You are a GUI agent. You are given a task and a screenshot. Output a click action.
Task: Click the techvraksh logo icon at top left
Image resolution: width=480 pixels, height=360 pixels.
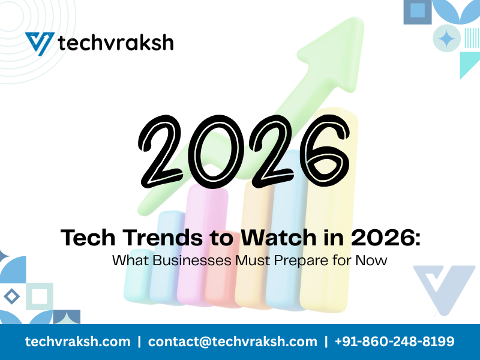[39, 43]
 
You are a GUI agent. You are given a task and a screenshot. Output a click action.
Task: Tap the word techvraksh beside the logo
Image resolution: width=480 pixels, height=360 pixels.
[115, 43]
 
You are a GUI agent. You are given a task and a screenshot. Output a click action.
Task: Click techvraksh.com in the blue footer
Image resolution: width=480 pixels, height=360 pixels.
[77, 341]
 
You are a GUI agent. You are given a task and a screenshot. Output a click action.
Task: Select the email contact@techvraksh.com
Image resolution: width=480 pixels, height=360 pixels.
[233, 341]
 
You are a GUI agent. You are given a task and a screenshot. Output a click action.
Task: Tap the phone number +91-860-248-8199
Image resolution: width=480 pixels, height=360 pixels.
[395, 341]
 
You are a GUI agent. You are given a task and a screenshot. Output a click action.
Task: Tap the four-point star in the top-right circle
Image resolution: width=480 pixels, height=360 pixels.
[446, 39]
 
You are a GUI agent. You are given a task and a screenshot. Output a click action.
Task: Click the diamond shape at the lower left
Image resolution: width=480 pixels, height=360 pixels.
[11, 295]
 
